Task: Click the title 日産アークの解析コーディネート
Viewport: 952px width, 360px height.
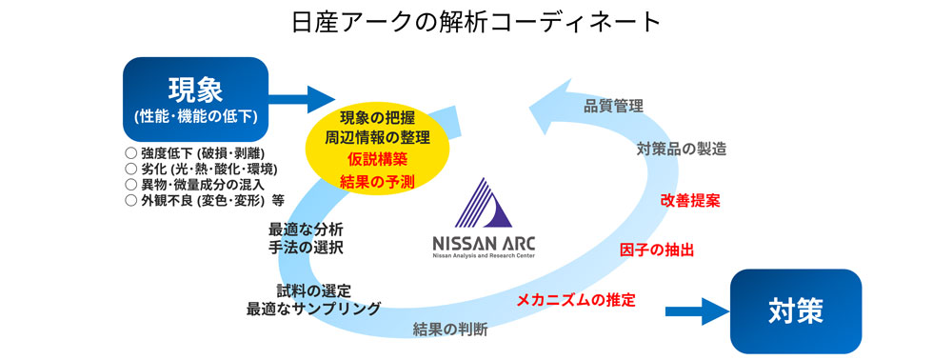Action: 475,21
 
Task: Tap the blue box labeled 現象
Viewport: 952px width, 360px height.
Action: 195,99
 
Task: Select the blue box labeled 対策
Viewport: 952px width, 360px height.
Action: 795,311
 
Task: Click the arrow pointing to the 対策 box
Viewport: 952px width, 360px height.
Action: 700,310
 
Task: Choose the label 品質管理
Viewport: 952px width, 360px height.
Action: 613,105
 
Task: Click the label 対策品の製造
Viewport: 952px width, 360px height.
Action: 681,149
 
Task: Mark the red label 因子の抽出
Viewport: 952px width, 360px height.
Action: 656,250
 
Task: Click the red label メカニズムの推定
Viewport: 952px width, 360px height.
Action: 575,300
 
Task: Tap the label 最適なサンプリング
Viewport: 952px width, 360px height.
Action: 313,309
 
